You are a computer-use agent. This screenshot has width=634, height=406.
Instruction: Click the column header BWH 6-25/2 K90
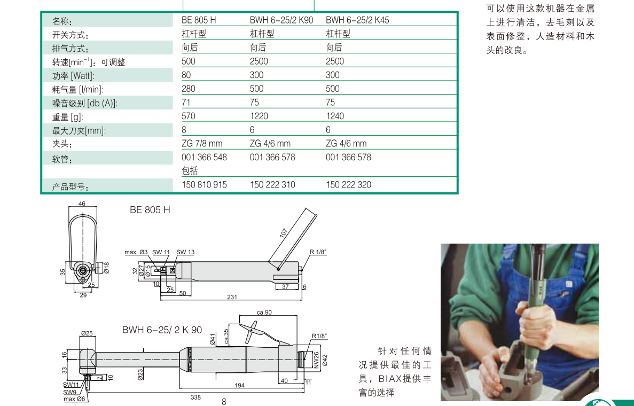[281, 20]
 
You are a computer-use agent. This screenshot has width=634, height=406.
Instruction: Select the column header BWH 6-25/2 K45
[357, 20]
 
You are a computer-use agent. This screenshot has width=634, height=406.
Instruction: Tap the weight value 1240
[335, 116]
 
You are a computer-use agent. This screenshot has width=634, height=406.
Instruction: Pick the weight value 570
[189, 116]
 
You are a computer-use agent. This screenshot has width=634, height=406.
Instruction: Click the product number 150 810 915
[204, 185]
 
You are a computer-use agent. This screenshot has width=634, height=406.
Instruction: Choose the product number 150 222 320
[349, 185]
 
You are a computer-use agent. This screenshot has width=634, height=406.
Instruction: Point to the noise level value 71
[186, 103]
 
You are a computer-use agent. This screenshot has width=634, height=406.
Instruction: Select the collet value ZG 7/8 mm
[202, 144]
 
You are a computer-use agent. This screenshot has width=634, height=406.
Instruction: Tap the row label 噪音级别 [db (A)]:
[85, 104]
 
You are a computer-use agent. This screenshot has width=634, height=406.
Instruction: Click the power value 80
[186, 75]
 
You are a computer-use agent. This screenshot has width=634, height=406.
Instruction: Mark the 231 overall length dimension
[232, 297]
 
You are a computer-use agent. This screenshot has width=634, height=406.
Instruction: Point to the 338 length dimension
[195, 397]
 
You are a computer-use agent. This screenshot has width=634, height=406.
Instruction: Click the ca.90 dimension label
[264, 312]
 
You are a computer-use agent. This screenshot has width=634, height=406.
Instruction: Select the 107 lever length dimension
[284, 233]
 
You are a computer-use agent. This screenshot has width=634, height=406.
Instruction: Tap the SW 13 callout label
[185, 252]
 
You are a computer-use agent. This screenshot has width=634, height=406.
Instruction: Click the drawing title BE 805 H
[150, 209]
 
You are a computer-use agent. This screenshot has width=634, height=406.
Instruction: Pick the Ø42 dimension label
[325, 360]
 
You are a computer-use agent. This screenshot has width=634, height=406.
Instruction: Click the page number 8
[224, 402]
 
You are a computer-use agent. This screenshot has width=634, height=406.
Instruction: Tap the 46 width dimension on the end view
[82, 204]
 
